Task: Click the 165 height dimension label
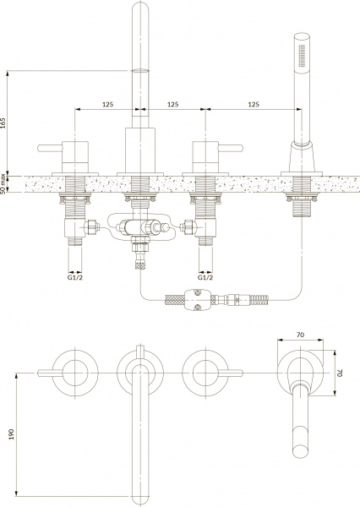point(3,123)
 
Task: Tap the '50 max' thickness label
point(3,184)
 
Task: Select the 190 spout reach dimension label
point(12,434)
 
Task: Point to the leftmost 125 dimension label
point(107,105)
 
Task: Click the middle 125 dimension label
point(173,105)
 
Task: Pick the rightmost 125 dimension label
point(254,105)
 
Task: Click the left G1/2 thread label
point(75,277)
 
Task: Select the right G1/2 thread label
point(205,277)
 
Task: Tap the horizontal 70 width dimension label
point(301,335)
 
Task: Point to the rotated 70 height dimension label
point(340,373)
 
